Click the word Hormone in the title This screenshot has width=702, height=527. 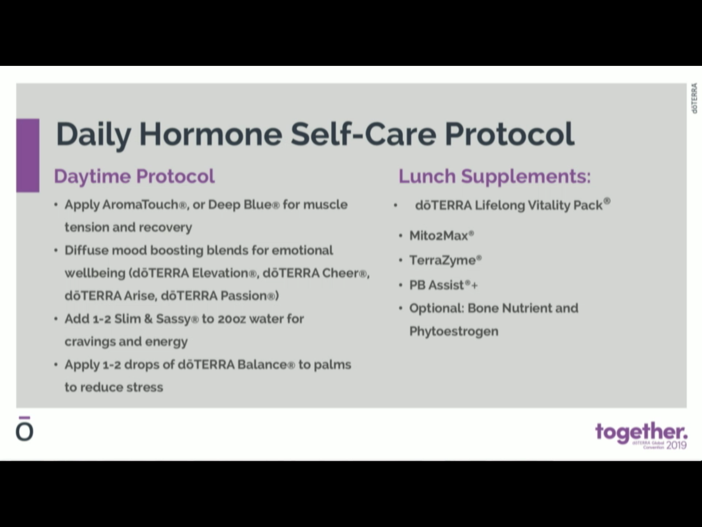[x=210, y=134]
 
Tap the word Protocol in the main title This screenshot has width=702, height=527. [x=509, y=134]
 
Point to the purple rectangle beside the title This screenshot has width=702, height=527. [x=28, y=155]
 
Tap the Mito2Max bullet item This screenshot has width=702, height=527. [x=441, y=236]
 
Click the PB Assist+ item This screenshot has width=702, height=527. [x=443, y=285]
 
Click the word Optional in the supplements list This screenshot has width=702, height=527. [x=437, y=308]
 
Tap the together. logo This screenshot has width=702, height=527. [x=641, y=432]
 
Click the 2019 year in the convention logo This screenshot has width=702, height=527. [x=677, y=445]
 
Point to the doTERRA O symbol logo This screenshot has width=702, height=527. [x=24, y=430]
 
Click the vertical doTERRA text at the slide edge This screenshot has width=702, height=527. [x=694, y=98]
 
